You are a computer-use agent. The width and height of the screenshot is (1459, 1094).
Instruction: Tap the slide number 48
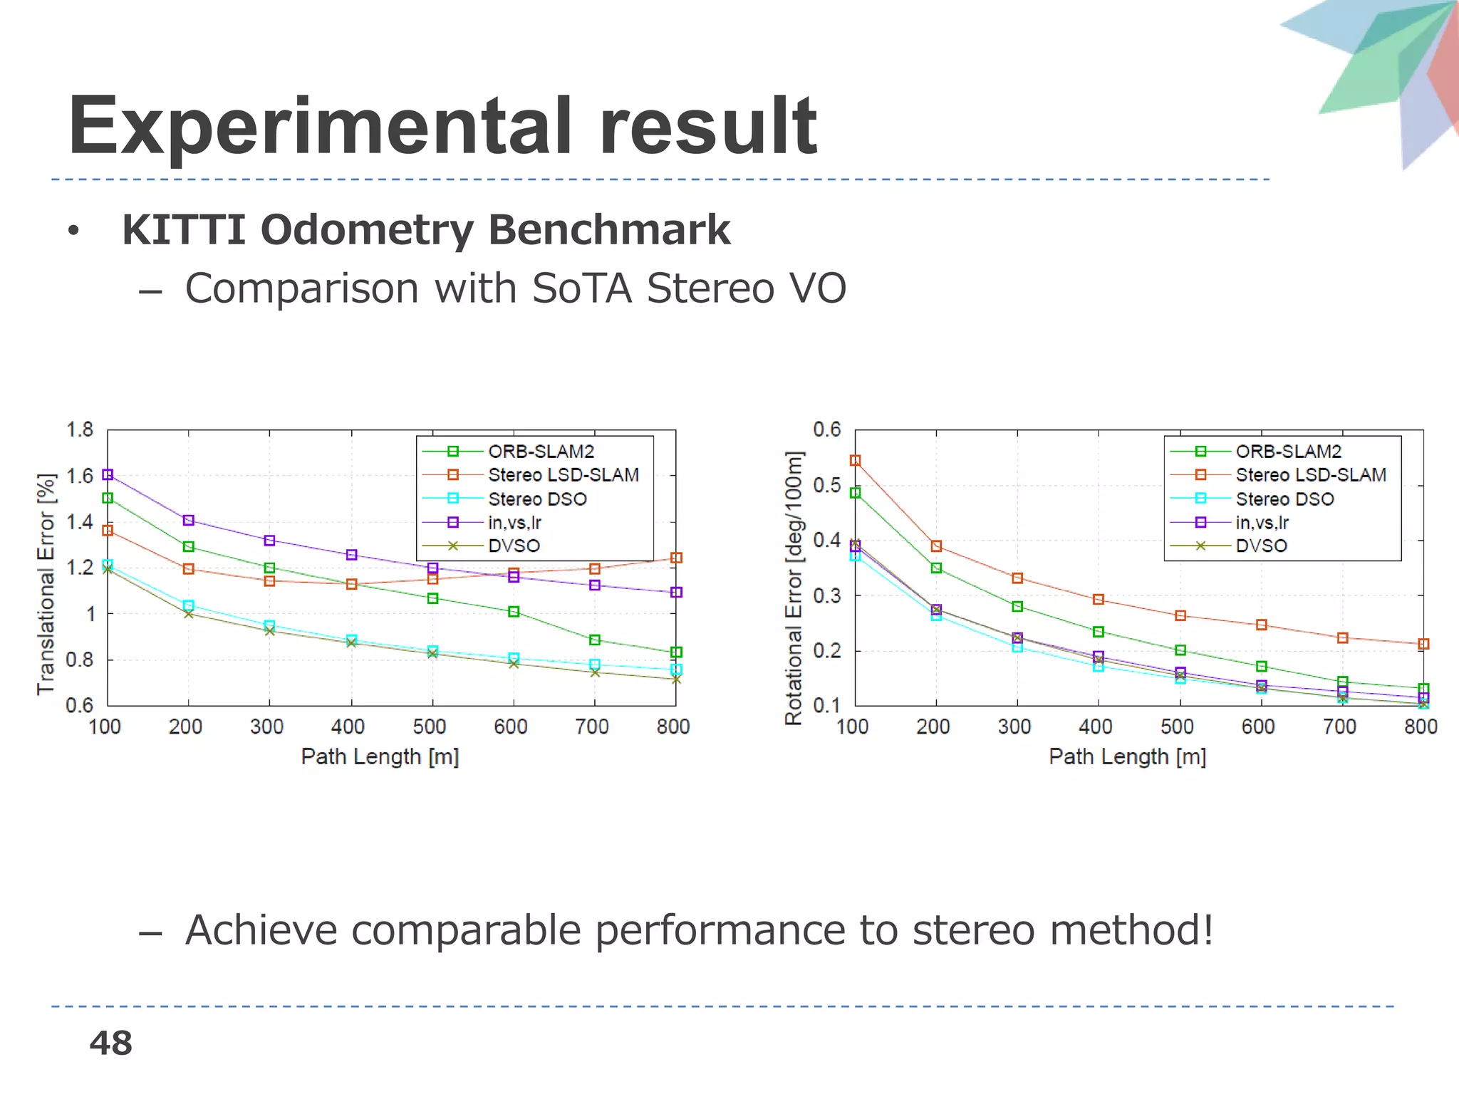click(110, 1043)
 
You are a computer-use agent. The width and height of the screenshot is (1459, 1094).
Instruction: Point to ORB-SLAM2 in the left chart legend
click(541, 452)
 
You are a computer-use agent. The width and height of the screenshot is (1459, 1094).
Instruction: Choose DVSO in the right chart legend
click(1261, 546)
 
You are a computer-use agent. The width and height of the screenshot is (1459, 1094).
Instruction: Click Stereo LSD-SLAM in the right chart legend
click(1311, 475)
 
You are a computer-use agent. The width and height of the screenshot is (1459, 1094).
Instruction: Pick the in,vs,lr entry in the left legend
click(514, 523)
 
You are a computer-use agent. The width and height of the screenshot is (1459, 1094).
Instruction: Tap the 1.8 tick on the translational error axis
click(79, 429)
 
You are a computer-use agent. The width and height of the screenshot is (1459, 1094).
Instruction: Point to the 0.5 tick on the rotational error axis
click(826, 485)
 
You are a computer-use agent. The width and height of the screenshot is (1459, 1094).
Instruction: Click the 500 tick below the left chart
click(430, 727)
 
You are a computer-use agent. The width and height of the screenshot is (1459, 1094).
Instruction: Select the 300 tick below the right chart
click(1014, 727)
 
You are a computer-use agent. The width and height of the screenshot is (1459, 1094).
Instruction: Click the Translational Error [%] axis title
click(46, 584)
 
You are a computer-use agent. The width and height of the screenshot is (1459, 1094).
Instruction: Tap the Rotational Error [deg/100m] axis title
click(794, 588)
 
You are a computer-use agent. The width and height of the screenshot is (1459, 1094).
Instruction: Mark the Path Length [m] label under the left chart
click(380, 756)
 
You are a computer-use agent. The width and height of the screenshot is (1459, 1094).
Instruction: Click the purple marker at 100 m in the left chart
click(108, 474)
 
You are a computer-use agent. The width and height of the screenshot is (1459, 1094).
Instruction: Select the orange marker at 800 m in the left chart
click(677, 558)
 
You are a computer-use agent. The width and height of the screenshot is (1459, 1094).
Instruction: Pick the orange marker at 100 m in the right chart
click(856, 461)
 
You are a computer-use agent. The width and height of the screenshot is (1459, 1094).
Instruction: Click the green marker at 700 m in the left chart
click(595, 640)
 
